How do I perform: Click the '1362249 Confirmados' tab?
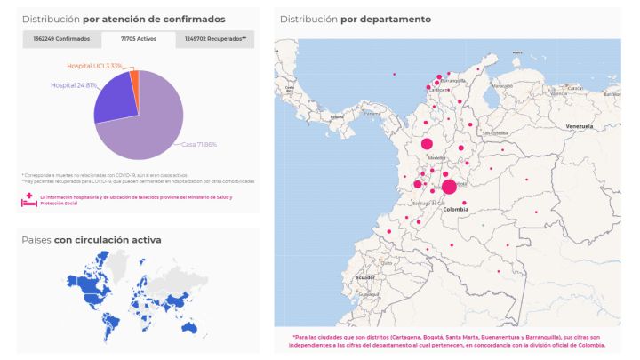61,39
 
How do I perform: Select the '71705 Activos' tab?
139,39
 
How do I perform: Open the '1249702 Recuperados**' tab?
215,39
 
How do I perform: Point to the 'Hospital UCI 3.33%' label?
94,66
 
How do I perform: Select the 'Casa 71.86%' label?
199,144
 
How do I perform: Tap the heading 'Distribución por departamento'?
355,19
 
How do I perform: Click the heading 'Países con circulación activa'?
92,239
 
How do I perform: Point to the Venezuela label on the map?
579,127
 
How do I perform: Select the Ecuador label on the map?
365,277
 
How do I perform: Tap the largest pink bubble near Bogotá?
449,187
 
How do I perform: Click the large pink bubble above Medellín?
427,144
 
